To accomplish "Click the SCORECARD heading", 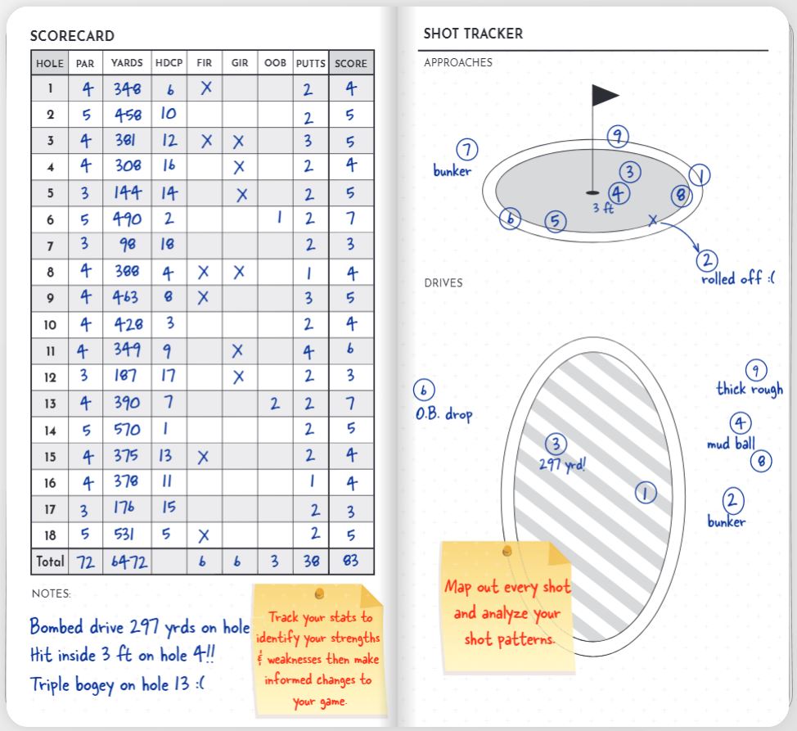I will [x=72, y=36].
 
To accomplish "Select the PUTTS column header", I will [x=310, y=63].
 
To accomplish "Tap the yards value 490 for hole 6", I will [x=126, y=219].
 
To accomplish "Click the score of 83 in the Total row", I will [x=351, y=562].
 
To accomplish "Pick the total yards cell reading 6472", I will [x=126, y=562].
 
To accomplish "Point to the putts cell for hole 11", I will [x=309, y=350].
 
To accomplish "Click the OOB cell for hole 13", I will [x=276, y=403].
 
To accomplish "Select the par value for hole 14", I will [x=85, y=429].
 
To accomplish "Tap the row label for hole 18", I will [x=50, y=535].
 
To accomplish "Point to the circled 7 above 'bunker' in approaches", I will [x=467, y=151].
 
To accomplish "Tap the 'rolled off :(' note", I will [x=738, y=278].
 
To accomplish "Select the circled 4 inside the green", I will [x=619, y=193].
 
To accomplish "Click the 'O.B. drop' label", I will [x=444, y=414].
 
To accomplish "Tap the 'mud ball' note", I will [x=731, y=444].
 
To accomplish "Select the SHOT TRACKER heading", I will [x=473, y=34].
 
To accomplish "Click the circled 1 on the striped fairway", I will [x=646, y=492].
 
